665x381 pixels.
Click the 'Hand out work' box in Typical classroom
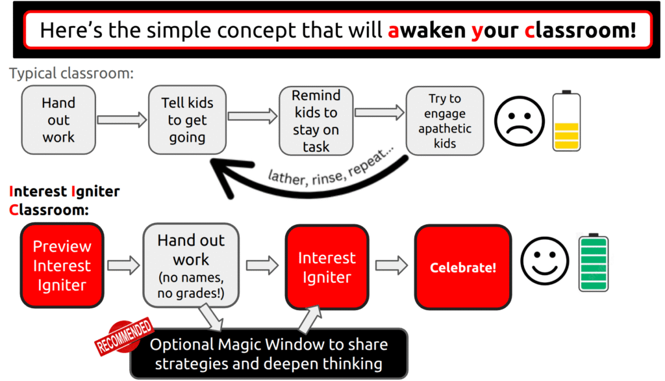[x=58, y=120]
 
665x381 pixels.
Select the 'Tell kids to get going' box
[x=187, y=120]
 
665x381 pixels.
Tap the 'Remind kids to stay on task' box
[x=316, y=121]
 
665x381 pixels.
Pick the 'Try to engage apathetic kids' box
[x=445, y=121]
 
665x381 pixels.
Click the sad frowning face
[x=519, y=121]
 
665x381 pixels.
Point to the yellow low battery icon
[x=566, y=121]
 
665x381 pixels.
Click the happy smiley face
[x=545, y=261]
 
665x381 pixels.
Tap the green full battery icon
[x=594, y=262]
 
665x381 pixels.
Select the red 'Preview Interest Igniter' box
[x=62, y=265]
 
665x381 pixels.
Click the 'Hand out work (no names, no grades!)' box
[x=191, y=265]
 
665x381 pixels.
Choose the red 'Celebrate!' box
[x=462, y=267]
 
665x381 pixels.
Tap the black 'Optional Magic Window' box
[x=269, y=354]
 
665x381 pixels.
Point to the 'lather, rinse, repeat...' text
[x=331, y=168]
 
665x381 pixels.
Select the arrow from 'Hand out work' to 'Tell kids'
[x=121, y=120]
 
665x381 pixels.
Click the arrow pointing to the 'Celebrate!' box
[x=392, y=265]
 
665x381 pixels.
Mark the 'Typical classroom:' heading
[x=71, y=73]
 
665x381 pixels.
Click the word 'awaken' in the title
[x=427, y=30]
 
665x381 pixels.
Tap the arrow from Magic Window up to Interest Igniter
[x=310, y=319]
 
